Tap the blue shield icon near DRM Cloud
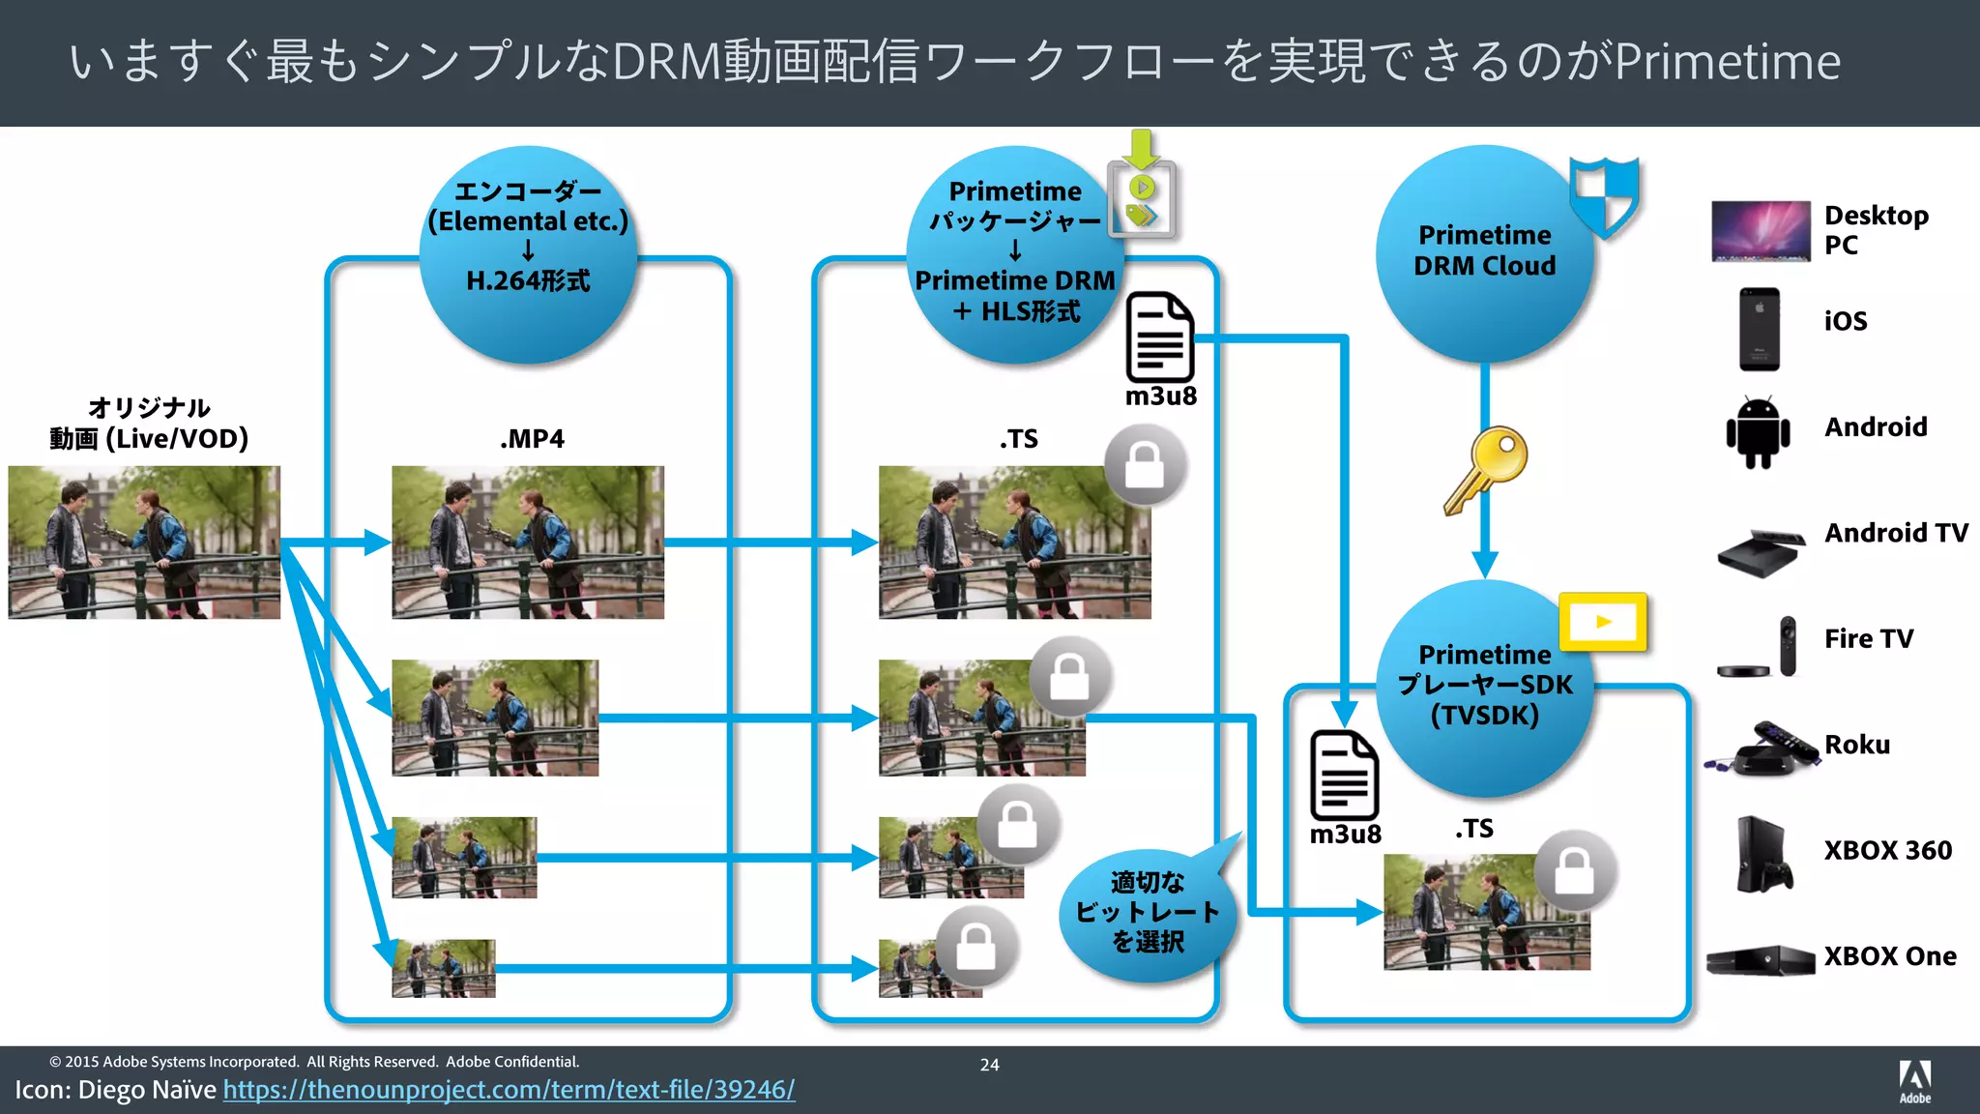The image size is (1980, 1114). coord(1604,196)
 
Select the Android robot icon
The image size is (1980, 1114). coord(1758,431)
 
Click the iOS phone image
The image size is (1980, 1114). coord(1759,329)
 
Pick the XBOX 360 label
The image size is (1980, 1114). coord(1887,850)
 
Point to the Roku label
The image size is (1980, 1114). coord(1856,745)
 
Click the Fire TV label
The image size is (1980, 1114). coord(1868,639)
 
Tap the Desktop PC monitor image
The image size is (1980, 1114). coord(1760,231)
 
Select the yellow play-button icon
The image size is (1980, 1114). coord(1603,622)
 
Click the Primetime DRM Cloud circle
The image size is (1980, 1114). coord(1484,253)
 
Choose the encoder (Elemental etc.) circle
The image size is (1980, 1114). coord(528,253)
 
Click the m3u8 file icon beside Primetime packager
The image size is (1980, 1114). coord(1159,337)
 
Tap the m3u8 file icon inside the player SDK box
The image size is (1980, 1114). coord(1344,776)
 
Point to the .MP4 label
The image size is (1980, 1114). coord(532,439)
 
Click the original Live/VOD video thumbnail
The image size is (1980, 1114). coord(144,542)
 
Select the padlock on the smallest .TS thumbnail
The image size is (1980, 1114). coord(975,947)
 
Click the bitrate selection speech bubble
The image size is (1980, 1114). coord(1147,912)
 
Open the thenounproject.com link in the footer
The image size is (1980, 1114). coord(509,1090)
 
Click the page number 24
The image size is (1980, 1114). coord(989,1065)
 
